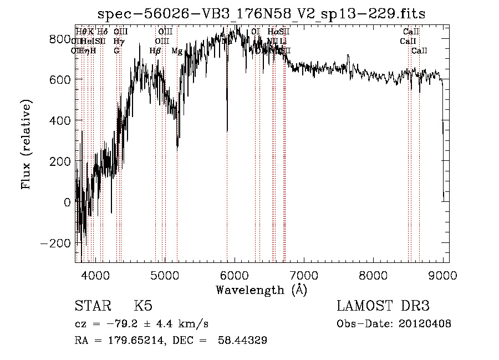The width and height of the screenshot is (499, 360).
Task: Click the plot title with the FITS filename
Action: point(262,14)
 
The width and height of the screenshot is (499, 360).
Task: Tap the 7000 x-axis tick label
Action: point(304,275)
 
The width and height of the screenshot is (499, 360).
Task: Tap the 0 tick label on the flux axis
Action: point(68,202)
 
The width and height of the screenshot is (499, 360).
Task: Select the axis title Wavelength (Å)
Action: point(261,290)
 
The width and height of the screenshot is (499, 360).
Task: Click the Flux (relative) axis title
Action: point(27,144)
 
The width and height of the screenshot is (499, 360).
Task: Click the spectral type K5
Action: point(143,306)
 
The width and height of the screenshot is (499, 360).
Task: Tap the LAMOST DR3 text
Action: point(383,306)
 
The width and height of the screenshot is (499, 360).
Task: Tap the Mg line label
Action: point(177,51)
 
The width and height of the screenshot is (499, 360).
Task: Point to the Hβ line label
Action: point(155,51)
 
